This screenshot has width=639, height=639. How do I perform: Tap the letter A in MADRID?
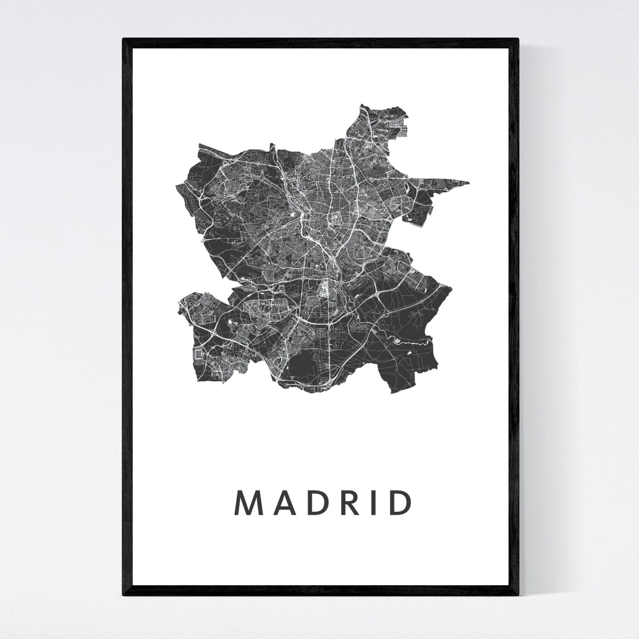(280, 503)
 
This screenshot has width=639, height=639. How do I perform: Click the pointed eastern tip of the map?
(469, 183)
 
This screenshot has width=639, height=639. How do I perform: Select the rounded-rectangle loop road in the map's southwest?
(199, 354)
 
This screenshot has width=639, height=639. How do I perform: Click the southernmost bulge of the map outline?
(311, 391)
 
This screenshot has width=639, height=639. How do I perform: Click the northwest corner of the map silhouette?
(199, 145)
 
